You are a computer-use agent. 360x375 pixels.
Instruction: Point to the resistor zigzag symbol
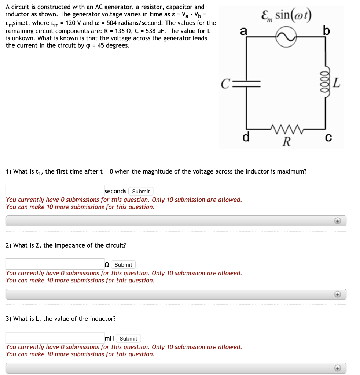(x=286, y=129)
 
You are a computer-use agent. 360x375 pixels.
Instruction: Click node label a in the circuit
(x=243, y=31)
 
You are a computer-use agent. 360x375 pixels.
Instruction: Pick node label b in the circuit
(x=327, y=30)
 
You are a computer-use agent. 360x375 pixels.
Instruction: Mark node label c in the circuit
(x=328, y=138)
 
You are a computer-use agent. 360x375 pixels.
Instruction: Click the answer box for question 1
(x=55, y=190)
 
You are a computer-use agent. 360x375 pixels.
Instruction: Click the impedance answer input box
(x=55, y=264)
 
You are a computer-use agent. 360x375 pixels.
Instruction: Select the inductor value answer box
(x=55, y=338)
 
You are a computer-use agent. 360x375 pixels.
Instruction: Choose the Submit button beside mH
(x=128, y=338)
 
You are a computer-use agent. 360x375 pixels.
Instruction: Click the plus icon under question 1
(x=338, y=221)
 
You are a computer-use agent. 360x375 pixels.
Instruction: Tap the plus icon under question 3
(x=338, y=368)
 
